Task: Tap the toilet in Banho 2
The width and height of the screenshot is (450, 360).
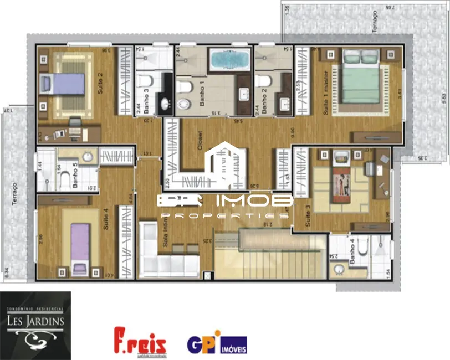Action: click(262, 81)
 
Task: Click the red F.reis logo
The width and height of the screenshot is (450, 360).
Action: click(140, 341)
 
